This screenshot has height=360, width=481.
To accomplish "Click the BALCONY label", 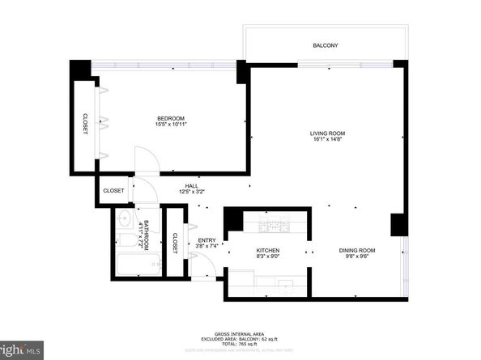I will coord(325,45).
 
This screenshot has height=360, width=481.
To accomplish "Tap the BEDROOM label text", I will coord(171,119).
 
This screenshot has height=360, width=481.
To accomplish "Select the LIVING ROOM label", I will coord(327,133).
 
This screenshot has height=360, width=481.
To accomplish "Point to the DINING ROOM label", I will coord(357,252).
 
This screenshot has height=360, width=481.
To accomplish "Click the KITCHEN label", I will coord(268,252).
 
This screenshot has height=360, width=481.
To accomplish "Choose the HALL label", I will coord(192,185).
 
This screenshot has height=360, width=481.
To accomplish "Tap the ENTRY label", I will coord(207,240).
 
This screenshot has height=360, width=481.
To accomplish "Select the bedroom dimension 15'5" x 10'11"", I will coord(171,125).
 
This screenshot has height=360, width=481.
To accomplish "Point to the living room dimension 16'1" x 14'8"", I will coord(327,140).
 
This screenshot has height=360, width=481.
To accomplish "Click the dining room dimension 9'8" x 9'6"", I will coord(357,258).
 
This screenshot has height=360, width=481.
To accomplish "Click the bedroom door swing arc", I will coord(143,158).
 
